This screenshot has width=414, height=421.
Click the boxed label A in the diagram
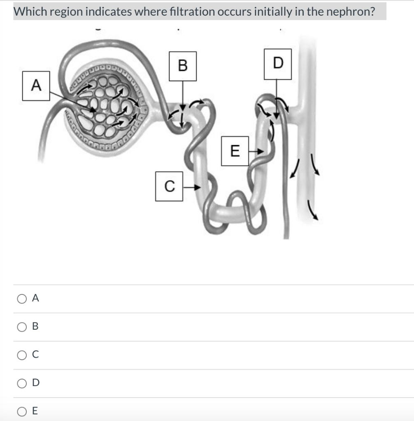[x=36, y=86]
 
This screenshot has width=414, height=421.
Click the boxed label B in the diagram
[x=183, y=66]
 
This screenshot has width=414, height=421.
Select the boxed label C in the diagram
[x=169, y=187]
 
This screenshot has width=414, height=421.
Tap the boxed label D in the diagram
[x=278, y=64]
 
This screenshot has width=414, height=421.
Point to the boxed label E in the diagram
[x=235, y=151]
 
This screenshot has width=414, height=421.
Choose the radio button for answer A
[x=21, y=299]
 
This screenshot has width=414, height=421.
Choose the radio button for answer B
[x=21, y=327]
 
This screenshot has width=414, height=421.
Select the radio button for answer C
[x=21, y=355]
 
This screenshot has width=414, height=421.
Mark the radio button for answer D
[x=21, y=383]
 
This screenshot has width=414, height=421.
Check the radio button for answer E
[x=21, y=411]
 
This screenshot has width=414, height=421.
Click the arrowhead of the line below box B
[x=182, y=107]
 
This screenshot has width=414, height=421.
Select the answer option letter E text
[x=35, y=411]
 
